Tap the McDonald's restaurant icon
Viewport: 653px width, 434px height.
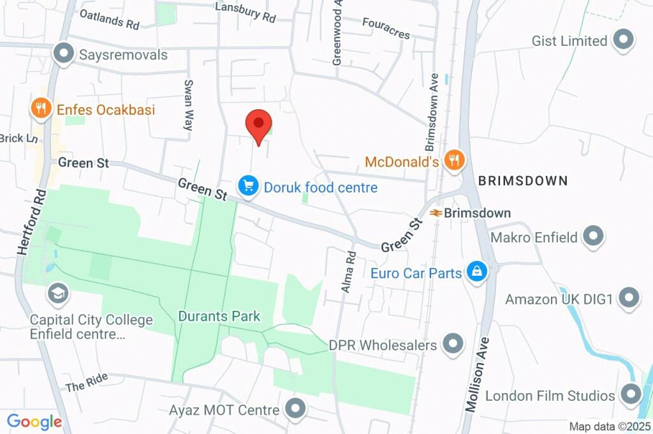click(453, 160)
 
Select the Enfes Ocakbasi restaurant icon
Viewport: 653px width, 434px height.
click(41, 108)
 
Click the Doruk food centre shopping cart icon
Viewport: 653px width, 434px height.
click(248, 186)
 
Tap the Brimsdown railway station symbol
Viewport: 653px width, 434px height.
click(436, 213)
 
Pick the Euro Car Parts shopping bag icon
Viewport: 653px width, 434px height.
click(476, 273)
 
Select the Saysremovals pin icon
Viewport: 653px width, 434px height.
click(64, 54)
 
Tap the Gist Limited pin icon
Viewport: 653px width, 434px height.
click(622, 40)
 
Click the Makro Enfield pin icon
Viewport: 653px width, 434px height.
click(594, 237)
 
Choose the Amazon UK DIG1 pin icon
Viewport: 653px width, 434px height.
click(629, 298)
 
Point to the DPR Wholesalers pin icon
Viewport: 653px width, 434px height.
click(453, 345)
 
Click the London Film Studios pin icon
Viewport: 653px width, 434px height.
click(631, 394)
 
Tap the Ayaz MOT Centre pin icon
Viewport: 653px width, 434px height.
click(295, 409)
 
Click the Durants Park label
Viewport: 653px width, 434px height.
click(219, 316)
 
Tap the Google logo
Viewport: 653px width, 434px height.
click(34, 421)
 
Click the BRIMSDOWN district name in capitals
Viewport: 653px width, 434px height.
click(522, 181)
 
